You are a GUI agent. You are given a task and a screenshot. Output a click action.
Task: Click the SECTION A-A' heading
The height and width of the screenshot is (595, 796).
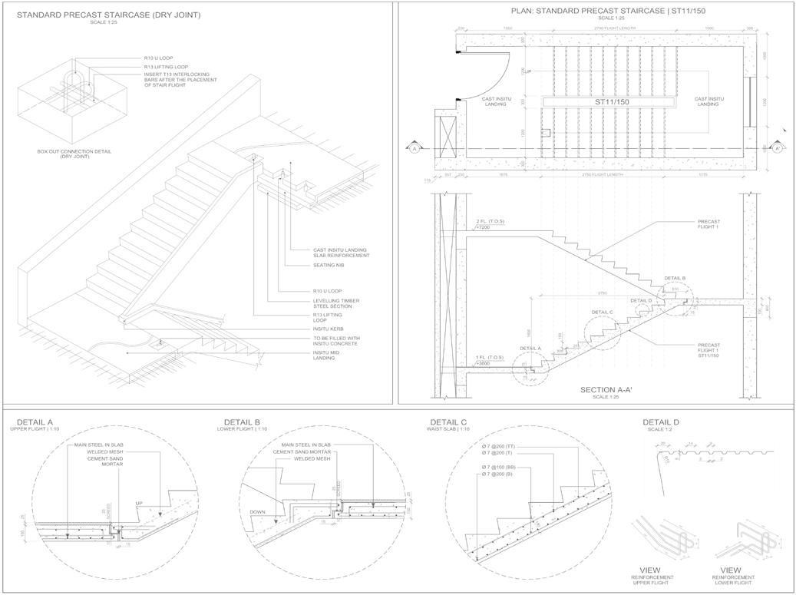606,390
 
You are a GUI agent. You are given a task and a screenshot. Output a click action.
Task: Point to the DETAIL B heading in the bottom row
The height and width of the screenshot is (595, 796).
242,422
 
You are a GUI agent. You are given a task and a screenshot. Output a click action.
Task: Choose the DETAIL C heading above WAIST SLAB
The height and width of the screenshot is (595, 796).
448,422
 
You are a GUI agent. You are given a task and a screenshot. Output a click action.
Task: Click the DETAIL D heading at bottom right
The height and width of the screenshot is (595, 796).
660,422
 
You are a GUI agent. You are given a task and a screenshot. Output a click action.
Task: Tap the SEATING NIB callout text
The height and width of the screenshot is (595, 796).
329,266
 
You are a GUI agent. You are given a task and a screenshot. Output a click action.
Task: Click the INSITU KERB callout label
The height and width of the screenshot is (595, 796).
329,329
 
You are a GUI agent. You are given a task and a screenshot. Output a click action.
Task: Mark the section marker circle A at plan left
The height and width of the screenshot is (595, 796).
415,148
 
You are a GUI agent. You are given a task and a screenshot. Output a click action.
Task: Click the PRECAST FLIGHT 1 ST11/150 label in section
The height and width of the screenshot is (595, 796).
710,350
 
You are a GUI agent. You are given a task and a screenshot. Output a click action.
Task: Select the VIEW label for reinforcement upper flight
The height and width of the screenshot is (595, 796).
649,570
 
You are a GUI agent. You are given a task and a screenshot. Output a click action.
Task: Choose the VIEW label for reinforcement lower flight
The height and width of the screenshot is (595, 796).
730,570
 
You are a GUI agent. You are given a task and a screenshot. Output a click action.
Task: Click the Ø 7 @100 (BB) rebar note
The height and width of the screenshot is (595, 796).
499,467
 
